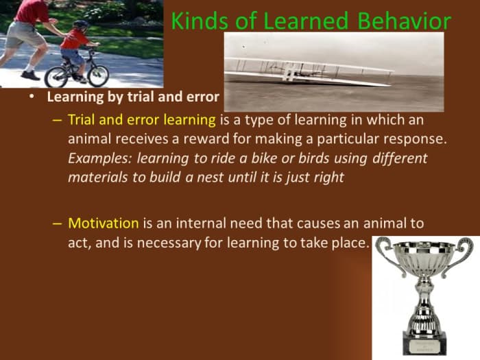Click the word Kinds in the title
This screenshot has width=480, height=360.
click(195, 21)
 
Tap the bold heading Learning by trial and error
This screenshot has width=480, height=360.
click(133, 97)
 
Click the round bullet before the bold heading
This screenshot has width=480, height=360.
click(32, 97)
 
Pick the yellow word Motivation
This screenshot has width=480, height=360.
click(104, 224)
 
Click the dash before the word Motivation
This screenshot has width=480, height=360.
click(58, 224)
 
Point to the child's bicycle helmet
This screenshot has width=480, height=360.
click(82, 25)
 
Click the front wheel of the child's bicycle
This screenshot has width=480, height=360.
click(97, 75)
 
